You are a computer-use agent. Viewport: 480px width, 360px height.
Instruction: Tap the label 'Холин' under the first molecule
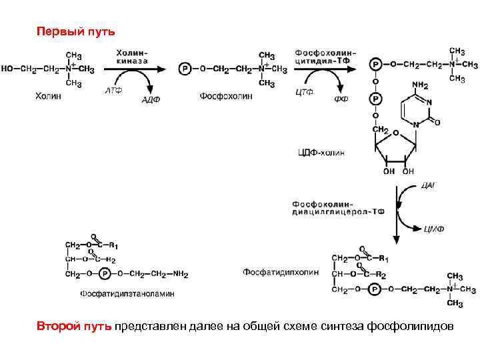tap(48, 96)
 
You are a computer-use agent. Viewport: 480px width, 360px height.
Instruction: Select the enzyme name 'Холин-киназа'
tap(133, 56)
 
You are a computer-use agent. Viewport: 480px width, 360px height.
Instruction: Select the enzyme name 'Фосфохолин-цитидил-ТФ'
tap(325, 56)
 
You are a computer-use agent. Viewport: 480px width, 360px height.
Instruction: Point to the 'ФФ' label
tap(341, 100)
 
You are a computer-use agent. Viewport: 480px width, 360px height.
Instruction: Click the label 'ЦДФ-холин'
tap(321, 153)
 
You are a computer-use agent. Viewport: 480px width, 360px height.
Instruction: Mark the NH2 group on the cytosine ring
tap(419, 85)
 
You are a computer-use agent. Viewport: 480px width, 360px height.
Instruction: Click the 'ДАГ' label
tap(429, 185)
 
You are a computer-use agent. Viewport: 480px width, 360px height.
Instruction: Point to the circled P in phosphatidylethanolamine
tap(105, 273)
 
